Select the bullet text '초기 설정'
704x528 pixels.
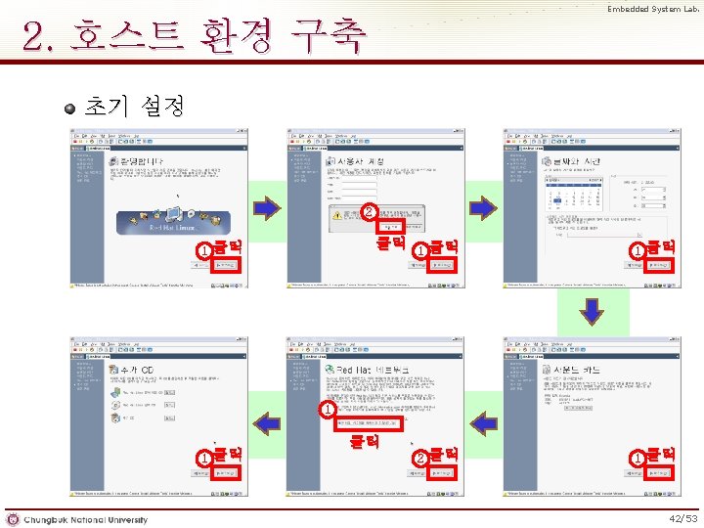click(134, 106)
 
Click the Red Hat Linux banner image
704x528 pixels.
click(172, 223)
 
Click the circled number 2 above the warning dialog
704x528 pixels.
click(368, 210)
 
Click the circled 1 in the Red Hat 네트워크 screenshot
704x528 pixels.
click(326, 410)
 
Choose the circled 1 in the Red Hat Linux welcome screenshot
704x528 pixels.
click(203, 251)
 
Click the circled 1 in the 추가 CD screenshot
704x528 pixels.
click(203, 458)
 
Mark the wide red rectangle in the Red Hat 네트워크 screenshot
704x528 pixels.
click(368, 423)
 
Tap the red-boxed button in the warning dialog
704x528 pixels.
click(389, 225)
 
